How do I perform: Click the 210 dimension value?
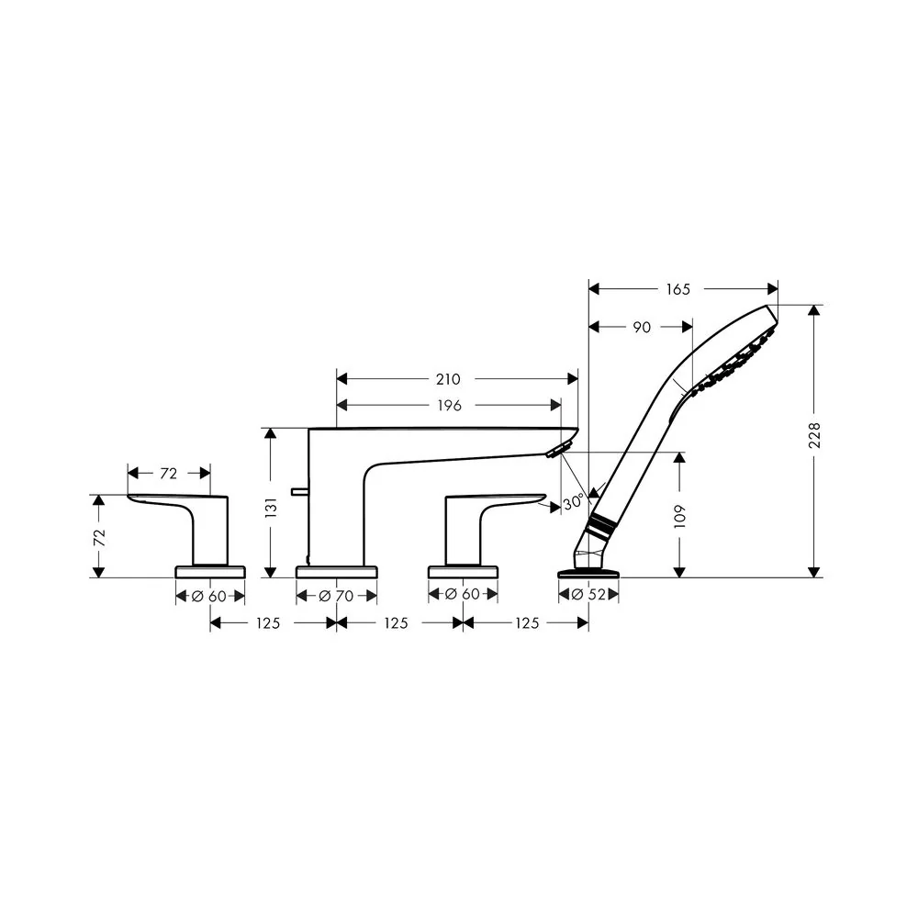tap(448, 379)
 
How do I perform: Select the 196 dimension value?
tap(449, 405)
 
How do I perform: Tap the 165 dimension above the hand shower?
tap(678, 289)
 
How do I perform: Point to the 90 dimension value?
tap(642, 328)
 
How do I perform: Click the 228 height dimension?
tap(814, 435)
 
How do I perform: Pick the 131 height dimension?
tap(271, 508)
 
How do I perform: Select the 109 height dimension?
tap(679, 516)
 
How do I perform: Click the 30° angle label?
tap(573, 502)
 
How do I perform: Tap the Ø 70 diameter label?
tap(336, 596)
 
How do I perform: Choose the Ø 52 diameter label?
tap(588, 594)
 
